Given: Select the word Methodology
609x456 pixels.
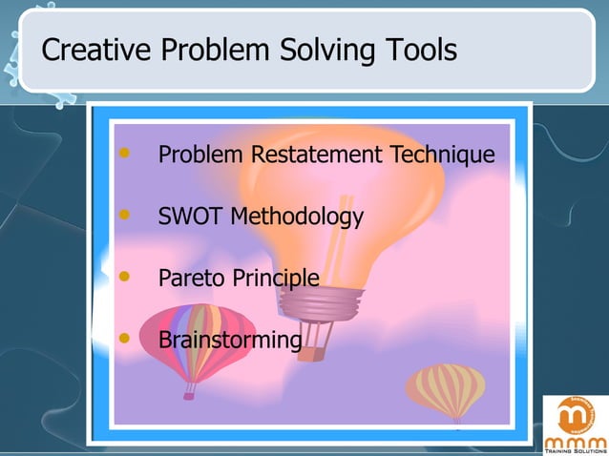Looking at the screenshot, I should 297,218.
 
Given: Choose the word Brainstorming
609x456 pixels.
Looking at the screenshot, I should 230,341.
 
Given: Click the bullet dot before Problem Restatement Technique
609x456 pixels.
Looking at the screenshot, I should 122,153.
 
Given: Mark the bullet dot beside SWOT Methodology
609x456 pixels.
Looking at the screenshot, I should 122,215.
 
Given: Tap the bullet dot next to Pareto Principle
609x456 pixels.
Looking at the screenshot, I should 122,277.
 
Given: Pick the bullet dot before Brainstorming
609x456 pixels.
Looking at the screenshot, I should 122,338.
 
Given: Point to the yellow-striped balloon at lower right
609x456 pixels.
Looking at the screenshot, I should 446,389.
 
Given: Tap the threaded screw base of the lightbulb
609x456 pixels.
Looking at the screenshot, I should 319,302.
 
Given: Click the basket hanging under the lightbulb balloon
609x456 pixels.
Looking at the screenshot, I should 318,352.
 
